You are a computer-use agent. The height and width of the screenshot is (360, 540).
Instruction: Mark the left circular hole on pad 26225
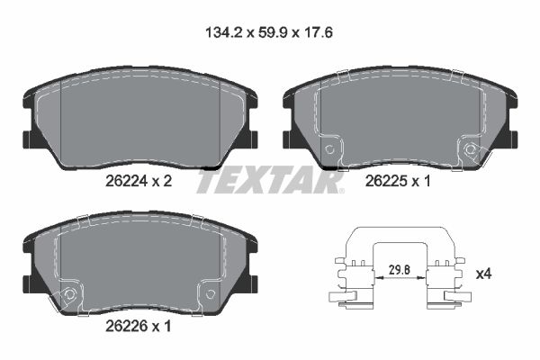pyautogui.click(x=329, y=149)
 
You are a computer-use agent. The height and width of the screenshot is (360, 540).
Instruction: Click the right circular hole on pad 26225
pyautogui.click(x=470, y=149)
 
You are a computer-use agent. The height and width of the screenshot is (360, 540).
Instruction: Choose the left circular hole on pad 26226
pyautogui.click(x=67, y=293)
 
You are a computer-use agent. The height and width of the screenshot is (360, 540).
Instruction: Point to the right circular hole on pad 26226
pyautogui.click(x=210, y=293)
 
